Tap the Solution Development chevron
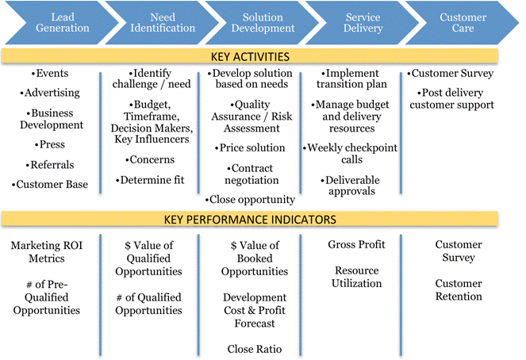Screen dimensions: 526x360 pyautogui.click(x=262, y=22)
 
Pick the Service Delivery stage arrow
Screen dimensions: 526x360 pyautogui.click(x=363, y=22)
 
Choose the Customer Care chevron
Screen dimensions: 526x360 pyautogui.click(x=463, y=22)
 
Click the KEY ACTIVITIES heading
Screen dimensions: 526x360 pyautogui.click(x=250, y=56)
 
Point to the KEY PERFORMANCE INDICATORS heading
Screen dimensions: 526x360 pyautogui.click(x=250, y=219)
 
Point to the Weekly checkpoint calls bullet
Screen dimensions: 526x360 pyautogui.click(x=352, y=153)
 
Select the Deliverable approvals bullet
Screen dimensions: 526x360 pyautogui.click(x=352, y=186)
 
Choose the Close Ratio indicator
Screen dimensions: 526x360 pyautogui.click(x=254, y=349)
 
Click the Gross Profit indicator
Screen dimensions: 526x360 pyautogui.click(x=356, y=244)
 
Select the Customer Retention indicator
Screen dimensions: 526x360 pyautogui.click(x=459, y=289)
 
